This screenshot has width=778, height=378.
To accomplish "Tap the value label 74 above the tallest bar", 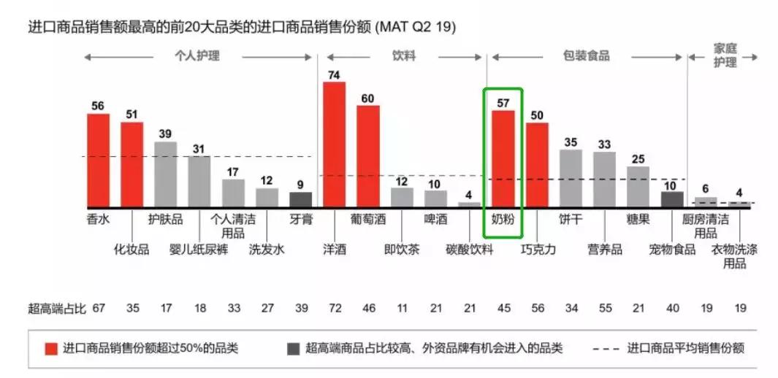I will coord(334,74).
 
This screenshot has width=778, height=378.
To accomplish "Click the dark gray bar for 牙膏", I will coord(300,199).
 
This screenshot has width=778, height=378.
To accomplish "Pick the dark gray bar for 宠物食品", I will coord(672,198).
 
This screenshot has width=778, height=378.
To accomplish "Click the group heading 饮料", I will coord(404,56).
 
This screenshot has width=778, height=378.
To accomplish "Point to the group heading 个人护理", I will coord(197,56).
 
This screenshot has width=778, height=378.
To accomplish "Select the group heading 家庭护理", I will coord(725,56).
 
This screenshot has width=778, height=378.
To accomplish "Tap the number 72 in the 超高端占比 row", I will coord(334,308).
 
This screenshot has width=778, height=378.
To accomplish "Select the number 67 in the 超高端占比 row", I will coord(99,308).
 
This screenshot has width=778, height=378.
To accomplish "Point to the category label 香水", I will coord(98,219).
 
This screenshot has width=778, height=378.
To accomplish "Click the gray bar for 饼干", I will coord(571,178).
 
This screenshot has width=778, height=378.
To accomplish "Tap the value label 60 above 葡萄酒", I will coord(367,98).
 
